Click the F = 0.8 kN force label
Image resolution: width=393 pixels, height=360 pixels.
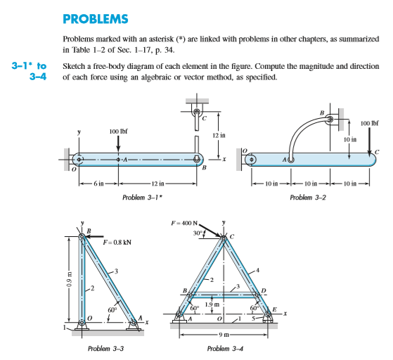[x=118, y=243]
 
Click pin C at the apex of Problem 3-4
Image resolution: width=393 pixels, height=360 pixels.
[x=224, y=239]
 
